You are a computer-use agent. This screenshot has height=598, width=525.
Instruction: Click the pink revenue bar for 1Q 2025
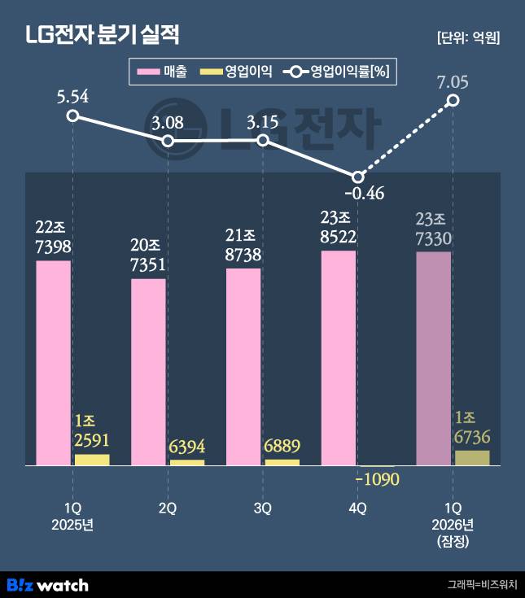54,363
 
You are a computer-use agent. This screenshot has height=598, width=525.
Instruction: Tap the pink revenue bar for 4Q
339,358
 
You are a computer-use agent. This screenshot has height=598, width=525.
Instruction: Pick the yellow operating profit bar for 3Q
282,462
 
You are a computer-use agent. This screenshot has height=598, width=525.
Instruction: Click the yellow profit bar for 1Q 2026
472,457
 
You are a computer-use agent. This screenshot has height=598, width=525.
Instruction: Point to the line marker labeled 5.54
72,116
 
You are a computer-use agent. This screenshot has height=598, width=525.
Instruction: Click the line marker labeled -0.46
357,177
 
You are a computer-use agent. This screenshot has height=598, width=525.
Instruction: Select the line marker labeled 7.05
453,100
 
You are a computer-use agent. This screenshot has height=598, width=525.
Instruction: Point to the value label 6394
186,447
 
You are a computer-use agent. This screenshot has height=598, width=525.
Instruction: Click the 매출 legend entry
163,72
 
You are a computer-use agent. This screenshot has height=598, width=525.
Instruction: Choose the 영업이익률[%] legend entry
337,72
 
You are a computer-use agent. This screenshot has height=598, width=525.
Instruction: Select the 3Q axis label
262,508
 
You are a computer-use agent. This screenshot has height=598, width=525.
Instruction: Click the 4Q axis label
357,508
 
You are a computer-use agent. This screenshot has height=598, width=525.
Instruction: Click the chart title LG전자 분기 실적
102,34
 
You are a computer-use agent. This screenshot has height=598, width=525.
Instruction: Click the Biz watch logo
47,584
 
